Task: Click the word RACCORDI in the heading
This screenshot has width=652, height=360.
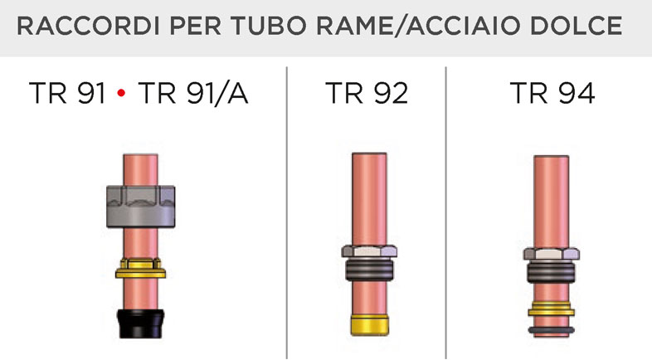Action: pyautogui.click(x=88, y=26)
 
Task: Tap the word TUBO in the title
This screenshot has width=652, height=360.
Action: pyautogui.click(x=269, y=26)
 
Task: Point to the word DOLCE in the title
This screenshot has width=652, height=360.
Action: pyautogui.click(x=577, y=26)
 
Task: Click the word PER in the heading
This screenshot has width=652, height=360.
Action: pyautogui.click(x=196, y=26)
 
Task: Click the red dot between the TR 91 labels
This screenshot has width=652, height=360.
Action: pyautogui.click(x=121, y=93)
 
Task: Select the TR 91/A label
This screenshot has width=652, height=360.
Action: pyautogui.click(x=193, y=93)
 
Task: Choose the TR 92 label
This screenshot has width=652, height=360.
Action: pyautogui.click(x=367, y=93)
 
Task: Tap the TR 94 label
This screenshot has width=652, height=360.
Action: pyautogui.click(x=552, y=93)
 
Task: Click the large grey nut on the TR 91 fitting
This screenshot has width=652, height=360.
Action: pyautogui.click(x=140, y=207)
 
